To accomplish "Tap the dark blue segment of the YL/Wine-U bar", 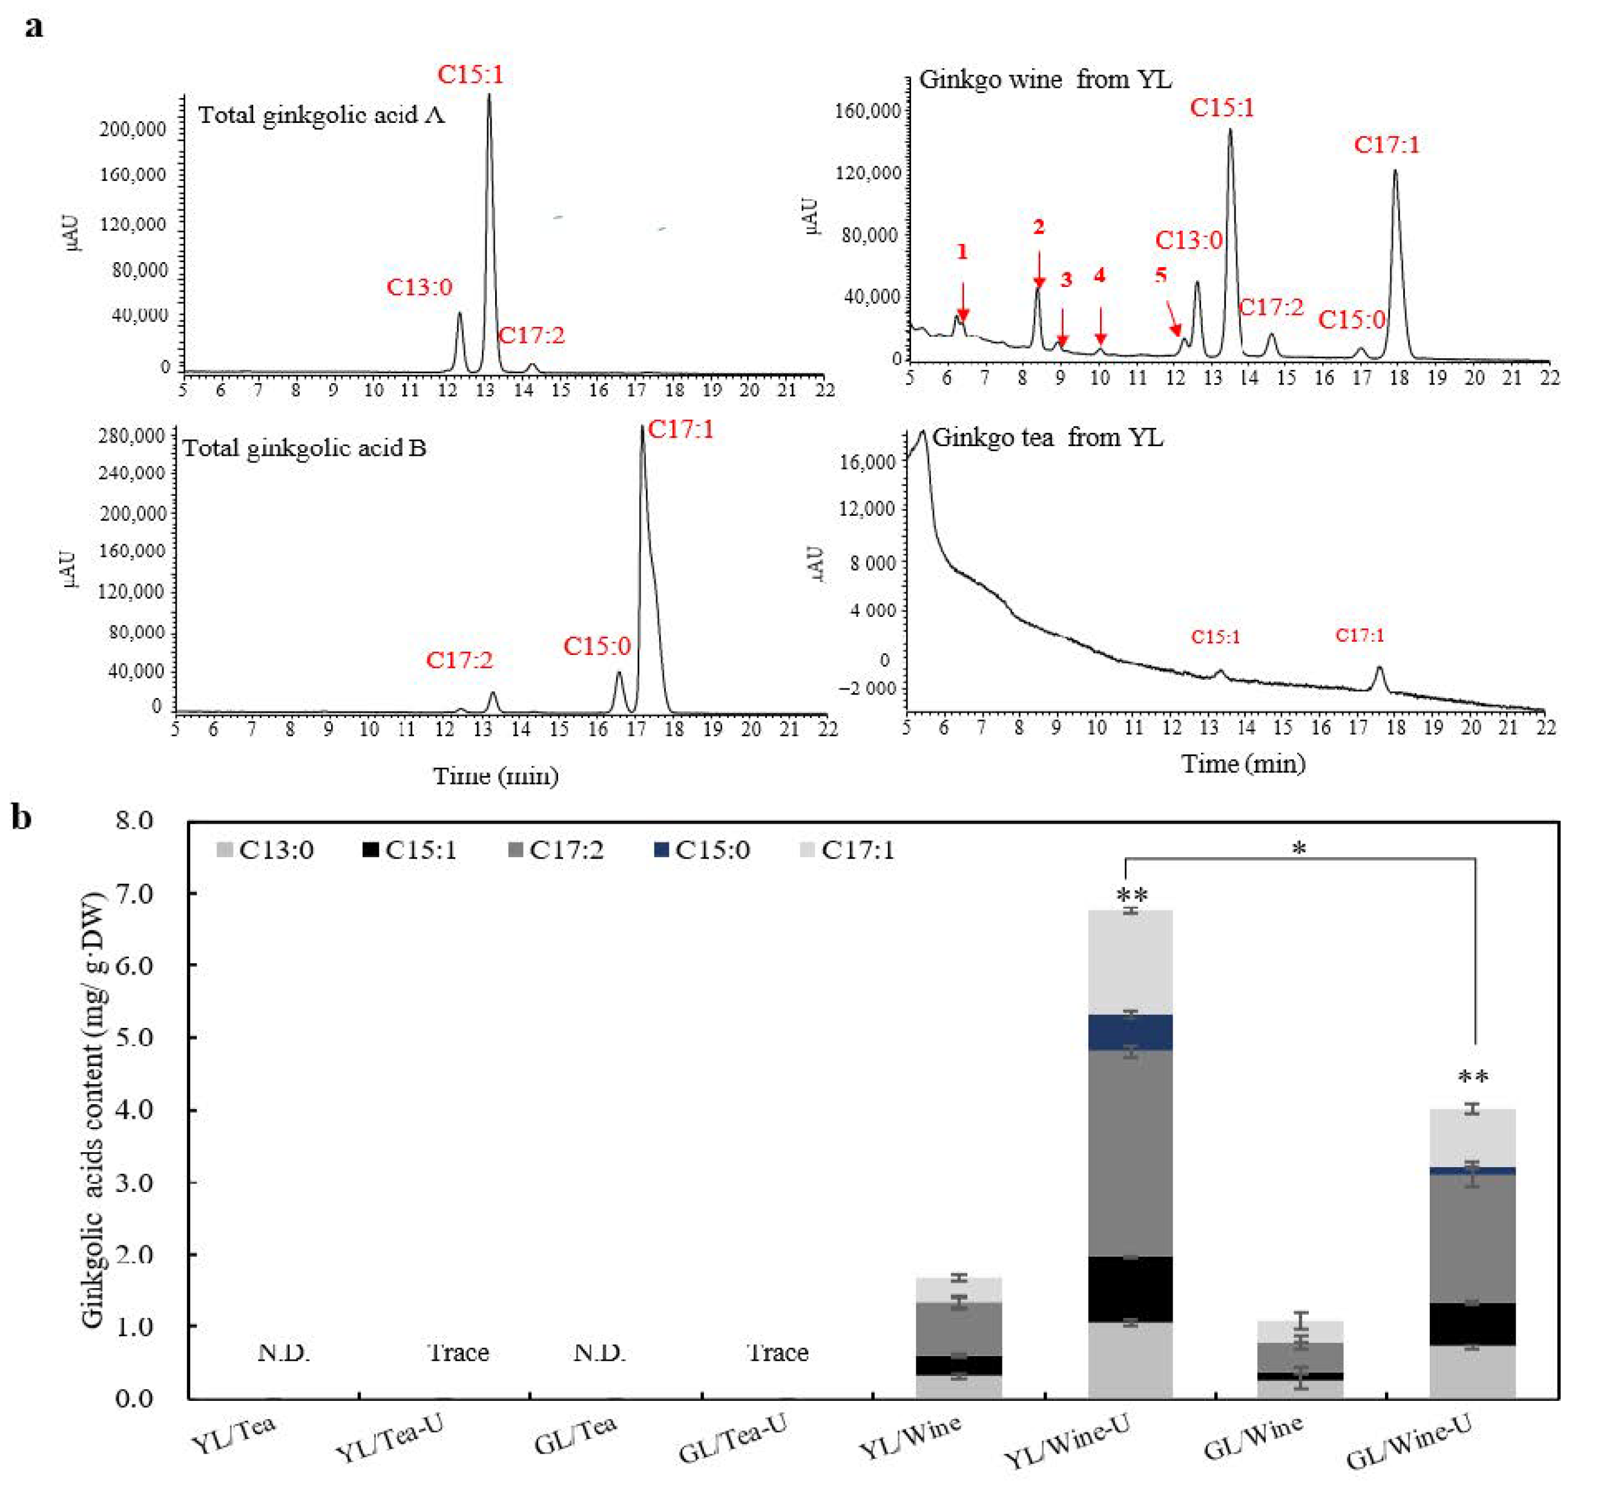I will (x=1130, y=1033).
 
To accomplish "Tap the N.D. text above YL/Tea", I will (x=284, y=1353).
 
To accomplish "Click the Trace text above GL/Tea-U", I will (x=777, y=1353).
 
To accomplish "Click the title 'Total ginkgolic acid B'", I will (x=304, y=447).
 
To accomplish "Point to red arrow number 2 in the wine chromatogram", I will (x=1039, y=269).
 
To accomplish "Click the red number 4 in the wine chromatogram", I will (x=1099, y=275).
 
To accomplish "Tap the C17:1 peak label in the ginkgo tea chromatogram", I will (x=1360, y=636).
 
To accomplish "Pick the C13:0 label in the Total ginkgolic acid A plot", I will (x=419, y=287).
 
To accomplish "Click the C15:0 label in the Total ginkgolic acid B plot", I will (x=597, y=646).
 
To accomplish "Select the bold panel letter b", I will (x=22, y=818).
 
